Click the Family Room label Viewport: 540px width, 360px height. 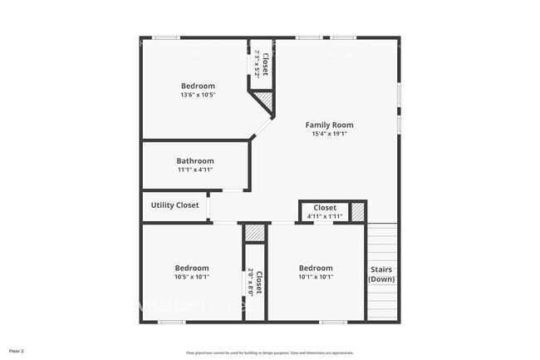330,125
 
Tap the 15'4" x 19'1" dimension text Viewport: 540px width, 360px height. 330,134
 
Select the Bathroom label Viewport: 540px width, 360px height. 195,161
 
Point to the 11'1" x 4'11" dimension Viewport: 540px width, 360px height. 195,170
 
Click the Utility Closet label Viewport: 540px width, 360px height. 174,205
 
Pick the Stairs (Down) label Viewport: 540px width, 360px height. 381,274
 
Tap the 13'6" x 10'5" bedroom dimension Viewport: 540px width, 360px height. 198,95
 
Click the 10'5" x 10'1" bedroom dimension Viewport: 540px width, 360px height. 192,277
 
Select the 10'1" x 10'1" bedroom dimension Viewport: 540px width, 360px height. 316,277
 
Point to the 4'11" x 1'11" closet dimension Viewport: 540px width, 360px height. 324,216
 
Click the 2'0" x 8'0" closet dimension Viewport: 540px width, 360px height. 251,282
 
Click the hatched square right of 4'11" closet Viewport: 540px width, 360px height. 358,212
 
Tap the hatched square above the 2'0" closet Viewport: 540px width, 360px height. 255,233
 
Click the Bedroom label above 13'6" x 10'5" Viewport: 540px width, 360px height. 198,86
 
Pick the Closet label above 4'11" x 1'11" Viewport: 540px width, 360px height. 324,208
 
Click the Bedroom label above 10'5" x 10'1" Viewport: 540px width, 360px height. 192,268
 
